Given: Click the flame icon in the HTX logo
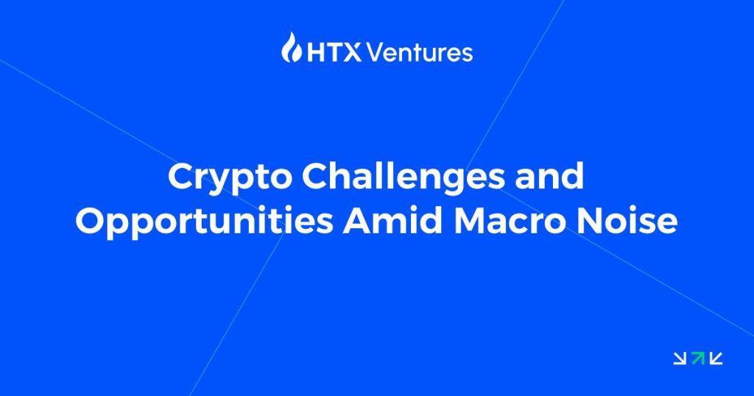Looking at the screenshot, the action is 292,47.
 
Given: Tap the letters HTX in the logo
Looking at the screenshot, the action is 334,52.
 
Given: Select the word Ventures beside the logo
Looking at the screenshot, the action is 419,52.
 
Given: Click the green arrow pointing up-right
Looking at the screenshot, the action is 698,358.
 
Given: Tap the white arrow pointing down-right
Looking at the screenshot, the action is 680,358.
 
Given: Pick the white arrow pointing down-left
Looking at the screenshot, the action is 716,358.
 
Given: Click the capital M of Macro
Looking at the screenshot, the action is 471,222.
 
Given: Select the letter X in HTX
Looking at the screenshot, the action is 353,53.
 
